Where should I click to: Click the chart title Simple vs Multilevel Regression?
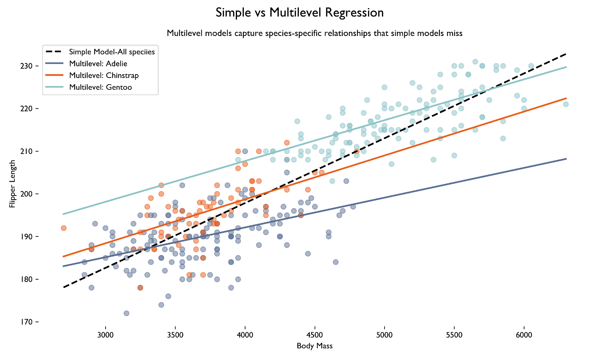point(299,13)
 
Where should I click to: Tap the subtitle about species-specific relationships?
point(314,33)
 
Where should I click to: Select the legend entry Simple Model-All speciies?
point(112,52)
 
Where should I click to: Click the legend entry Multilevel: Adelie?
point(98,64)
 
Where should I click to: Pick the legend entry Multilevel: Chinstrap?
point(103,75)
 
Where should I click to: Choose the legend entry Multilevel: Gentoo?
point(100,87)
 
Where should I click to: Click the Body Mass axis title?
point(314,346)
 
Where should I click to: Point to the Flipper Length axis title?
point(12,184)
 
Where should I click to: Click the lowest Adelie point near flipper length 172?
point(126,313)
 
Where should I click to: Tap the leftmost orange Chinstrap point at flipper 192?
point(64,228)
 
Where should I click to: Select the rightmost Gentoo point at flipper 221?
point(566,104)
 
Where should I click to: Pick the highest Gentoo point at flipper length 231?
point(475,62)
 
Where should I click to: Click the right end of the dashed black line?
point(566,54)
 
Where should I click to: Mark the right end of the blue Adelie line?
point(566,159)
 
